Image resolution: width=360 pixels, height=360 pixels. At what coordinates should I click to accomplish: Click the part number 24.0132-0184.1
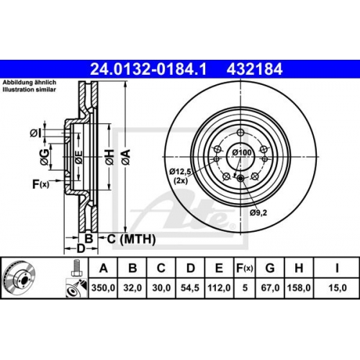click(x=148, y=69)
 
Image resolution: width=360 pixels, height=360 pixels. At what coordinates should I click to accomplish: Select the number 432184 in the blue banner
click(x=255, y=69)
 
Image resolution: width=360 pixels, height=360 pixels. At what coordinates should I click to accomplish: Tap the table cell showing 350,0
click(x=103, y=287)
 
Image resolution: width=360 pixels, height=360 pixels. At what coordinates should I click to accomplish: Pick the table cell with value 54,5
click(x=190, y=287)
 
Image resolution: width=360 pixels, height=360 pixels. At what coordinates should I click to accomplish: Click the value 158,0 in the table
click(x=299, y=287)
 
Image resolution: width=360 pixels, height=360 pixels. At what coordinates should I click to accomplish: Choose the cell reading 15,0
click(x=338, y=287)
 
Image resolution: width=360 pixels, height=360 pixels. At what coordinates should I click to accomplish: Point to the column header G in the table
click(x=270, y=268)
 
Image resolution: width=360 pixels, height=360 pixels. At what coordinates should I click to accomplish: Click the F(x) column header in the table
click(x=245, y=268)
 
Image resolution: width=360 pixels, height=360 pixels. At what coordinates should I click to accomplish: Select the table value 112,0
click(x=219, y=287)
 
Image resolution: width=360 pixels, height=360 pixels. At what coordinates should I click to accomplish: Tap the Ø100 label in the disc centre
click(x=242, y=153)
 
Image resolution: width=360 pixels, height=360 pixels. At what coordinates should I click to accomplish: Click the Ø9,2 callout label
click(x=258, y=212)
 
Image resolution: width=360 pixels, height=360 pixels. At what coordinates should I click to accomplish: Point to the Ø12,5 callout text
click(x=180, y=171)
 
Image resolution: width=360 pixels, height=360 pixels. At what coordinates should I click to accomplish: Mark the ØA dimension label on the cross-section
click(x=126, y=157)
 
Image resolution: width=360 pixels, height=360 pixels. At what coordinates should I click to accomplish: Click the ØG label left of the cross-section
click(x=45, y=157)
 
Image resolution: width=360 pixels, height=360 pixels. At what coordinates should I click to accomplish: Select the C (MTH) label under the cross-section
click(x=131, y=239)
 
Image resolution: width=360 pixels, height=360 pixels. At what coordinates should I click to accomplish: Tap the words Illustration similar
click(x=30, y=90)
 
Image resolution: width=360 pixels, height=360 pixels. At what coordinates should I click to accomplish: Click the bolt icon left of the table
click(x=76, y=268)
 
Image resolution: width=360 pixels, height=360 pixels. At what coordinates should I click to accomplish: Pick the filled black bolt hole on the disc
click(x=240, y=179)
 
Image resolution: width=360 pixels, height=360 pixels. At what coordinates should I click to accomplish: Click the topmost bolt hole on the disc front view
click(x=240, y=132)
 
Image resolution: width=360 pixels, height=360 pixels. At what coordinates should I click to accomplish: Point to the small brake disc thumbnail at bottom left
click(x=20, y=278)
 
